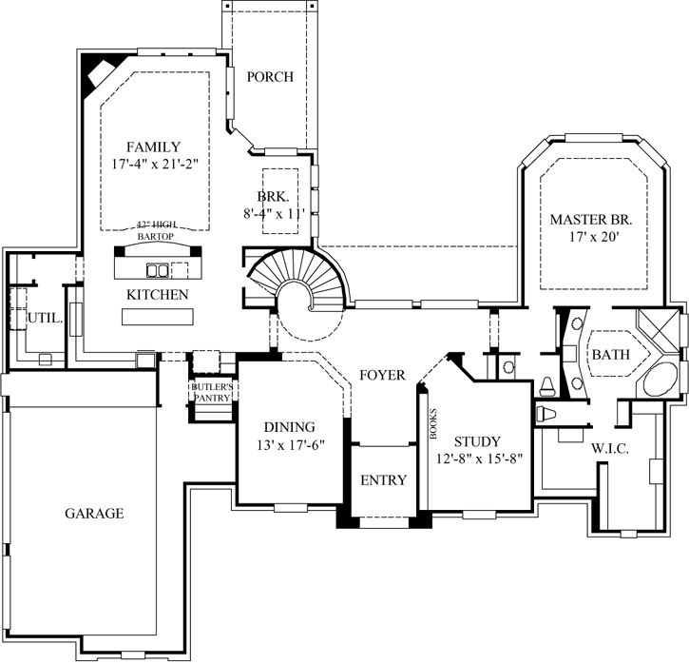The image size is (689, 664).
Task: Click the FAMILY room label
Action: [153, 146]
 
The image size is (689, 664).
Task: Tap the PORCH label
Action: [270, 77]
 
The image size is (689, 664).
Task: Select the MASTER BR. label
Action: [591, 220]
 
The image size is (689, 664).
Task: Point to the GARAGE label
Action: [94, 513]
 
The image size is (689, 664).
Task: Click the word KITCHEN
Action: [157, 295]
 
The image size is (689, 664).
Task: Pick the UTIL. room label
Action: [45, 320]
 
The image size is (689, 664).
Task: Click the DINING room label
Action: [289, 427]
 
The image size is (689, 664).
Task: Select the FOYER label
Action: [382, 375]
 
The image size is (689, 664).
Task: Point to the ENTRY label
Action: [384, 480]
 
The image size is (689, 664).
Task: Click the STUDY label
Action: [477, 441]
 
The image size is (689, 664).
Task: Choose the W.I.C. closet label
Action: [607, 448]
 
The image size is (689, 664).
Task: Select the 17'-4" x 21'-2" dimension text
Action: [153, 165]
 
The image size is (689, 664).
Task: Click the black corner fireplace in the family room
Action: [98, 74]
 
